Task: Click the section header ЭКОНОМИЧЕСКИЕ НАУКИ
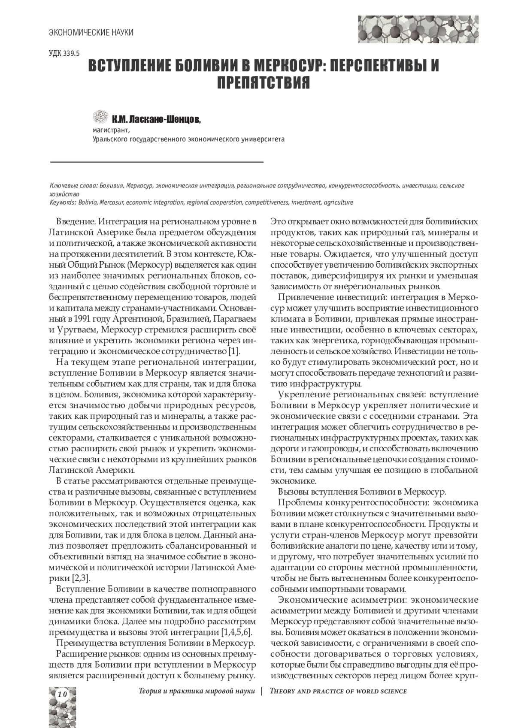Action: (x=91, y=33)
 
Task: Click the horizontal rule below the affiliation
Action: (x=157, y=162)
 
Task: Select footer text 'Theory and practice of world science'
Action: (x=338, y=691)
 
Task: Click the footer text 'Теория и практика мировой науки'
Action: (x=197, y=691)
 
